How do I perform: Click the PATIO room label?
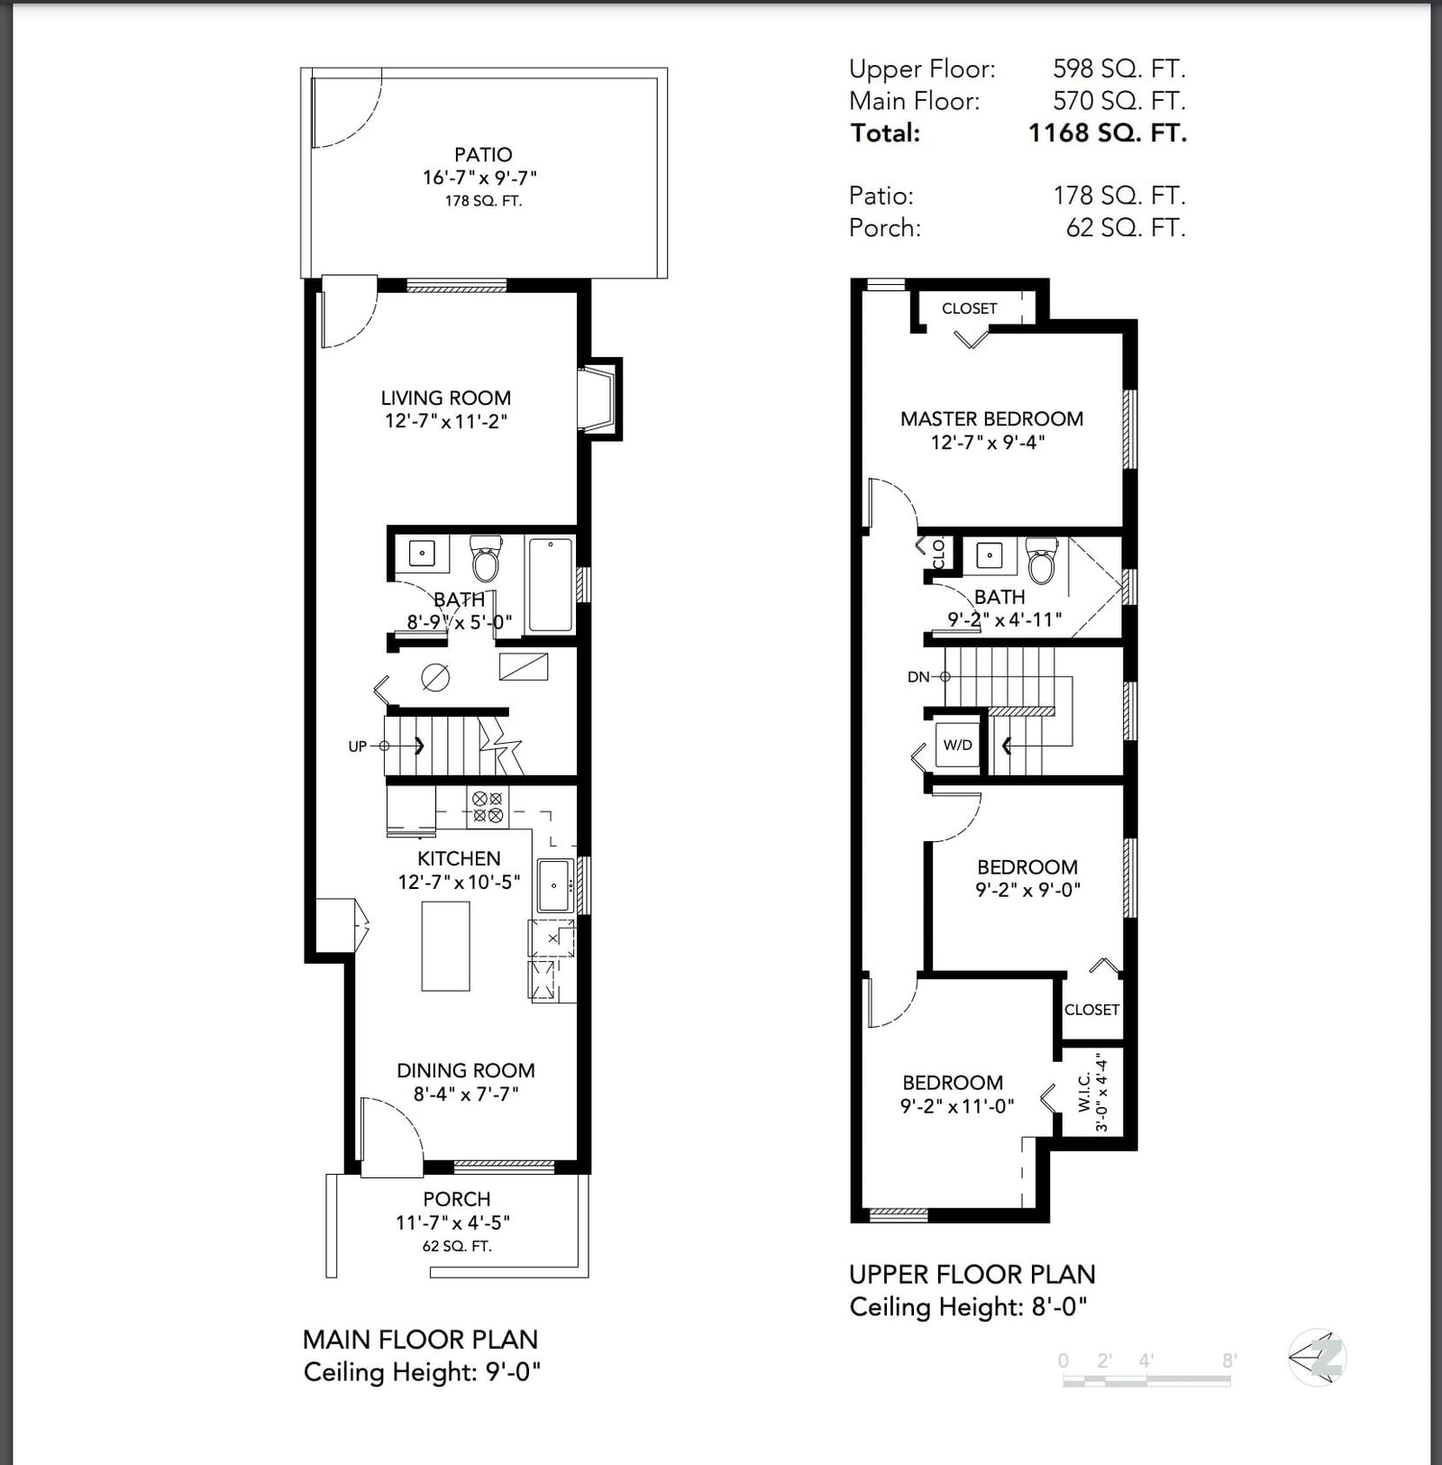pos(483,155)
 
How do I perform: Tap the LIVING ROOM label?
pos(446,398)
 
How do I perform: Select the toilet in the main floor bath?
pos(486,559)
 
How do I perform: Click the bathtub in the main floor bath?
pos(550,585)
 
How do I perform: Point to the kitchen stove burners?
pos(488,807)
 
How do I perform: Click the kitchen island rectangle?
pos(445,946)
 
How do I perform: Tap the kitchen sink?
pos(554,885)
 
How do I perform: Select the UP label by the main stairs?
pos(358,746)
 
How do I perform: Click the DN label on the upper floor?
pos(918,677)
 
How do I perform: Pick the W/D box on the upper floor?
pos(957,745)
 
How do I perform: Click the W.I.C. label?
pos(1084,1092)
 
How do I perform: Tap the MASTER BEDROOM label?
pos(991,419)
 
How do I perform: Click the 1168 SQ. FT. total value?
pos(1108,133)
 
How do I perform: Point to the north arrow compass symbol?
pos(1318,1357)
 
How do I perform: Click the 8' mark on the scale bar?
pos(1229,1360)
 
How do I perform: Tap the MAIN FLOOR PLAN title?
pos(420,1340)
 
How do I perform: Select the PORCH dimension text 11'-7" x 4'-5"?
pos(453,1222)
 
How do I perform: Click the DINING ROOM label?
pos(466,1071)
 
